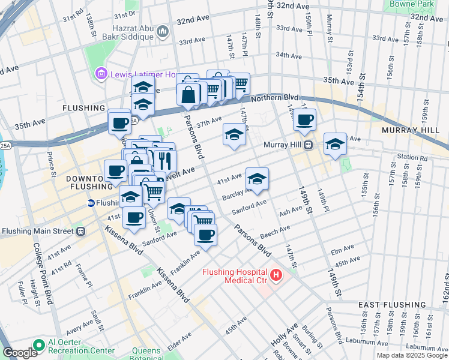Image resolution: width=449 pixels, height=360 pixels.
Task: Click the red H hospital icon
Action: tap(276, 275)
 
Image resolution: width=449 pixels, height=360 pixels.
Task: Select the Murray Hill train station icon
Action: tap(308, 145)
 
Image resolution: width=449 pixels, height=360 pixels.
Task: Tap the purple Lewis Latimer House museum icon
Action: tap(100, 74)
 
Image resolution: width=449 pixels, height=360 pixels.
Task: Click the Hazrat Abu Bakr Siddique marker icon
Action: tap(162, 31)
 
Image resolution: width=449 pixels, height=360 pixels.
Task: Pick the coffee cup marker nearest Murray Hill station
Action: tap(304, 119)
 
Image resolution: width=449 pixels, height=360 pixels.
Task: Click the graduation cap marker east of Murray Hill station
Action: tap(335, 143)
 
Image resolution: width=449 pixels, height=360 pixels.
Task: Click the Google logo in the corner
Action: tap(20, 353)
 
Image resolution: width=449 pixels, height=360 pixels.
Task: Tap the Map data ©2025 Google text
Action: tap(412, 355)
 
